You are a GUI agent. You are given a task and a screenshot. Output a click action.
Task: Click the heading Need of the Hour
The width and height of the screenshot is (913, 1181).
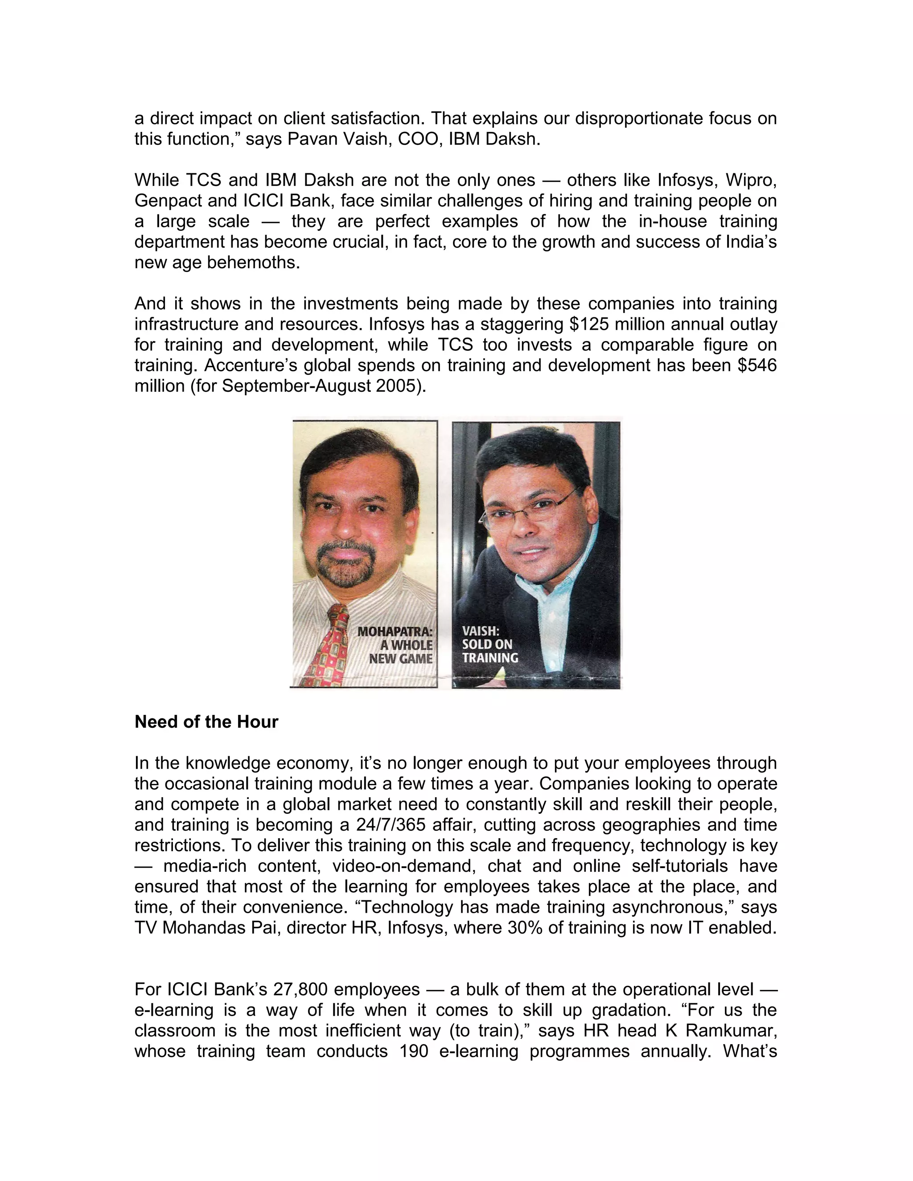pyautogui.click(x=206, y=722)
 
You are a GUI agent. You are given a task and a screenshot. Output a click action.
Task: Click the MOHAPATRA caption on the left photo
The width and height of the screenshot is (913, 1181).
pyautogui.click(x=395, y=632)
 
